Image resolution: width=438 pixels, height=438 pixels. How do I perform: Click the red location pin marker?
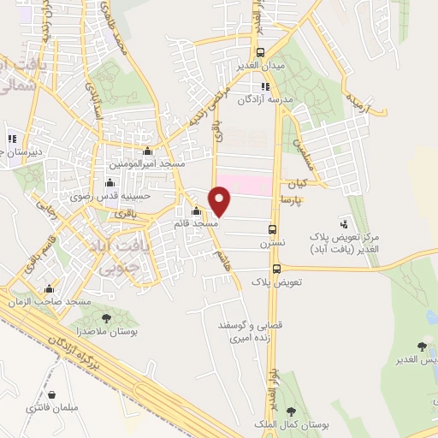click(221, 202)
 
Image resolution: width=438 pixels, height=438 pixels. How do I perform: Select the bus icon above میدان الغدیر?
click(260, 51)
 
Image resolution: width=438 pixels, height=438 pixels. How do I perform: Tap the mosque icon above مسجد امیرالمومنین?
click(147, 151)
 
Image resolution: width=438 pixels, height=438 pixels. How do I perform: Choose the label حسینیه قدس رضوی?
click(114, 195)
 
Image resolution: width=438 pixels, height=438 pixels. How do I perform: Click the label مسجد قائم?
click(198, 222)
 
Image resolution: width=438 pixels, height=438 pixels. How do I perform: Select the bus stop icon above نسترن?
click(273, 229)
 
